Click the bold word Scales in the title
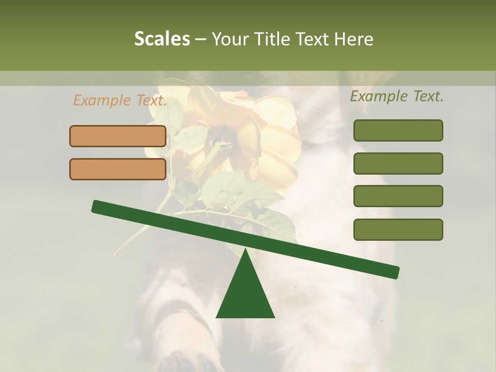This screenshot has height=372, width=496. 162,39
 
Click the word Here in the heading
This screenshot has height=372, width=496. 354,39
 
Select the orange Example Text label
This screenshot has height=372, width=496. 120,101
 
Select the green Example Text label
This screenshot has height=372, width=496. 397,96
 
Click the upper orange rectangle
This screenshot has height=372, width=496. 118,136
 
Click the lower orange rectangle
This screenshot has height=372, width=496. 118,169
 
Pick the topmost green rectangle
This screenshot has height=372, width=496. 398,130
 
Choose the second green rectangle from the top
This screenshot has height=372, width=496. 398,163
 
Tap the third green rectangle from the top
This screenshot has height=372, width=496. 398,196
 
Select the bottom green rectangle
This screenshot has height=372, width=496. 398,229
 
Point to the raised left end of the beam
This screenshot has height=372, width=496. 97,207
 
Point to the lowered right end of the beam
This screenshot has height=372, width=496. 395,272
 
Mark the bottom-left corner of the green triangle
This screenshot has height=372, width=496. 217,317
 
